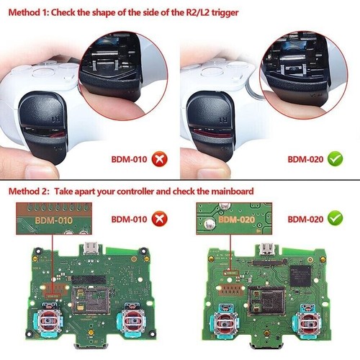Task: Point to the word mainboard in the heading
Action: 233,192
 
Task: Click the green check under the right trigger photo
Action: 334,158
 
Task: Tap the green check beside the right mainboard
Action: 334,217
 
